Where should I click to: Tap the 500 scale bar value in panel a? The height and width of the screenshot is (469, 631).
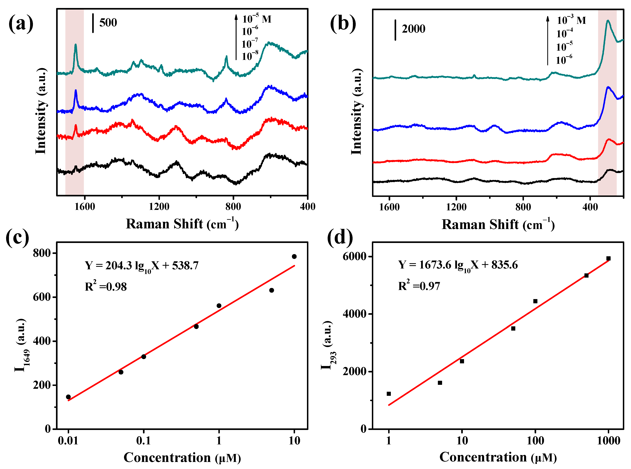click(108, 23)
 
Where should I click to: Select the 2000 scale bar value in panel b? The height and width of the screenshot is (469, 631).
click(413, 29)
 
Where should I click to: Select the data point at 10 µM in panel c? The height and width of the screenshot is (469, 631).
click(294, 256)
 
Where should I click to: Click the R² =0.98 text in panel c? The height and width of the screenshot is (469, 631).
click(106, 286)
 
